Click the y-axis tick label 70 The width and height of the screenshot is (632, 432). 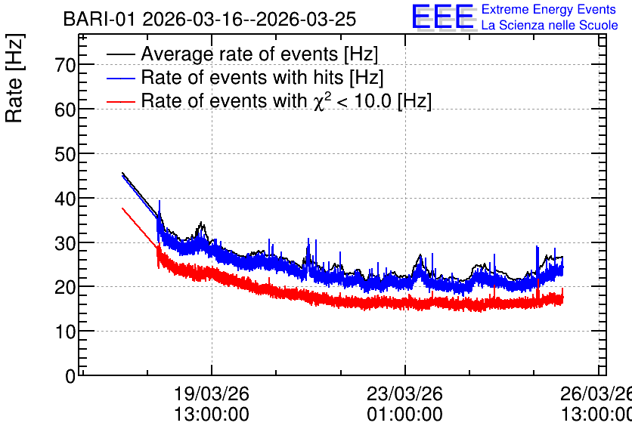[x=65, y=65]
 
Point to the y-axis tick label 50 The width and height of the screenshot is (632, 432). [x=65, y=154]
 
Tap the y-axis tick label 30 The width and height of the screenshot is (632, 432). [x=65, y=242]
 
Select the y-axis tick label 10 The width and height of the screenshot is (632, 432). [x=65, y=332]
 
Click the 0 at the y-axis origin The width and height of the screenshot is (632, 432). [x=70, y=376]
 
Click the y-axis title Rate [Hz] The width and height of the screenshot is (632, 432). [x=14, y=78]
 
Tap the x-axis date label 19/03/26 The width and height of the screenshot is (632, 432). [x=211, y=393]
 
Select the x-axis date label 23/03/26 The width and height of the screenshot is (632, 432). [x=404, y=393]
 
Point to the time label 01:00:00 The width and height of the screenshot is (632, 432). [x=404, y=415]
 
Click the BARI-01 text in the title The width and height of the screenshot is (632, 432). [x=99, y=20]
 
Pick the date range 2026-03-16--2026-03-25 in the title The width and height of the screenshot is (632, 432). [x=249, y=20]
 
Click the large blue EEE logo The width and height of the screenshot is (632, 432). [x=443, y=17]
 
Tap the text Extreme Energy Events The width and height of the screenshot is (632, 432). [x=549, y=9]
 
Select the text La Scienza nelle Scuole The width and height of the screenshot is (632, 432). [x=550, y=25]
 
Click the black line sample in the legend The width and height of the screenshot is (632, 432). [x=120, y=54]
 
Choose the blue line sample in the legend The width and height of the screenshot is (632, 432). [x=120, y=78]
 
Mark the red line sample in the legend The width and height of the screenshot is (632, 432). [x=120, y=101]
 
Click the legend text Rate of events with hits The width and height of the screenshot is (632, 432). [x=242, y=77]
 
